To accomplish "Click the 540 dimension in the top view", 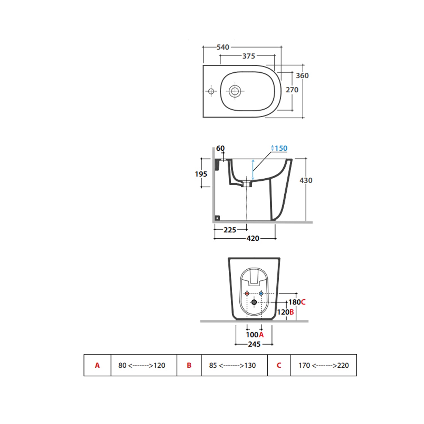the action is pyautogui.click(x=223, y=47).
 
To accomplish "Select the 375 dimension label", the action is pyautogui.click(x=249, y=56).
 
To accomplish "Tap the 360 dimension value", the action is pyautogui.click(x=302, y=76).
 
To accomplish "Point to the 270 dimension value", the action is pyautogui.click(x=292, y=90).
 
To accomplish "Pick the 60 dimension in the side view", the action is pyautogui.click(x=220, y=148).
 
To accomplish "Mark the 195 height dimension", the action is pyautogui.click(x=201, y=174).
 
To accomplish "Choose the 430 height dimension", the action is pyautogui.click(x=306, y=180).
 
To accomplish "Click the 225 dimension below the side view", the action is pyautogui.click(x=230, y=230).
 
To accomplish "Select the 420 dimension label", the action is pyautogui.click(x=253, y=239).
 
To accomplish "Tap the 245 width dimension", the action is pyautogui.click(x=254, y=344).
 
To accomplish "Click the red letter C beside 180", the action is pyautogui.click(x=303, y=302).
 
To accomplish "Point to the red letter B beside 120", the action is pyautogui.click(x=292, y=312).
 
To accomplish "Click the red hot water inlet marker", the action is pyautogui.click(x=247, y=294).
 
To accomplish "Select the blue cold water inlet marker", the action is pyautogui.click(x=261, y=294).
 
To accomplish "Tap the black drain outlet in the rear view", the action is pyautogui.click(x=254, y=302).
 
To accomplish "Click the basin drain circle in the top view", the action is pyautogui.click(x=235, y=91).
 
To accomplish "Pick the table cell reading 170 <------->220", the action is pyautogui.click(x=324, y=365).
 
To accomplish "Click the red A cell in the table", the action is pyautogui.click(x=97, y=365).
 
